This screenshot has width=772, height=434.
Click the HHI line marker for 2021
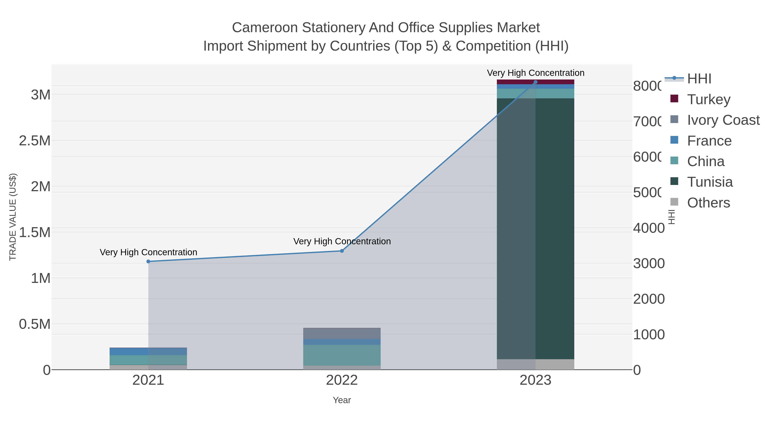(148, 261)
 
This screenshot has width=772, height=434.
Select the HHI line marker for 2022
(342, 251)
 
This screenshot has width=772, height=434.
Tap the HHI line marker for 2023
(535, 82)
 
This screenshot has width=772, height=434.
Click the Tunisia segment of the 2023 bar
(554, 228)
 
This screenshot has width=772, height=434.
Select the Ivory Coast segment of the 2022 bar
(342, 333)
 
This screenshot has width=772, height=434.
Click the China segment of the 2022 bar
(342, 355)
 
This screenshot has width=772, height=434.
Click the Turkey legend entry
(709, 99)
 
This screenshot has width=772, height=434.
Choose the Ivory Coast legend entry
(723, 120)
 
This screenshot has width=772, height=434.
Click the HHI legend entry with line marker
(699, 79)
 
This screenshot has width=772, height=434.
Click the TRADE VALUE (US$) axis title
(13, 217)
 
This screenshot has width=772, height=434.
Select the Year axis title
(342, 400)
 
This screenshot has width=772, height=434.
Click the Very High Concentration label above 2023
(535, 73)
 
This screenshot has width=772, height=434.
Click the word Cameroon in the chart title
(265, 28)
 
